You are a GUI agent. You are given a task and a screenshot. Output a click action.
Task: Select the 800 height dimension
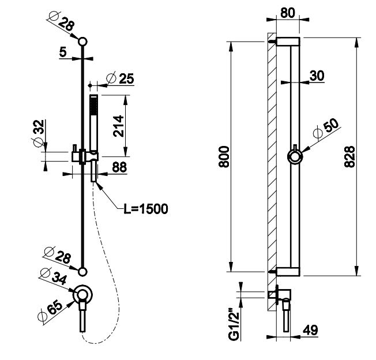pyautogui.click(x=224, y=156)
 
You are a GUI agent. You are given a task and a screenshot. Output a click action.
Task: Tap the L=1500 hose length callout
pyautogui.click(x=145, y=208)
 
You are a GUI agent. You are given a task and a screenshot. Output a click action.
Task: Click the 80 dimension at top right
pyautogui.click(x=287, y=12)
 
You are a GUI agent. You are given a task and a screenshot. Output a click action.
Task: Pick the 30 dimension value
pyautogui.click(x=315, y=76)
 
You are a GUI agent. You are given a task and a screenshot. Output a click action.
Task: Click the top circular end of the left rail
pyautogui.click(x=83, y=42)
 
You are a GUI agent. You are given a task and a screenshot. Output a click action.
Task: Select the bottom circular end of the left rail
pyautogui.click(x=83, y=271)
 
